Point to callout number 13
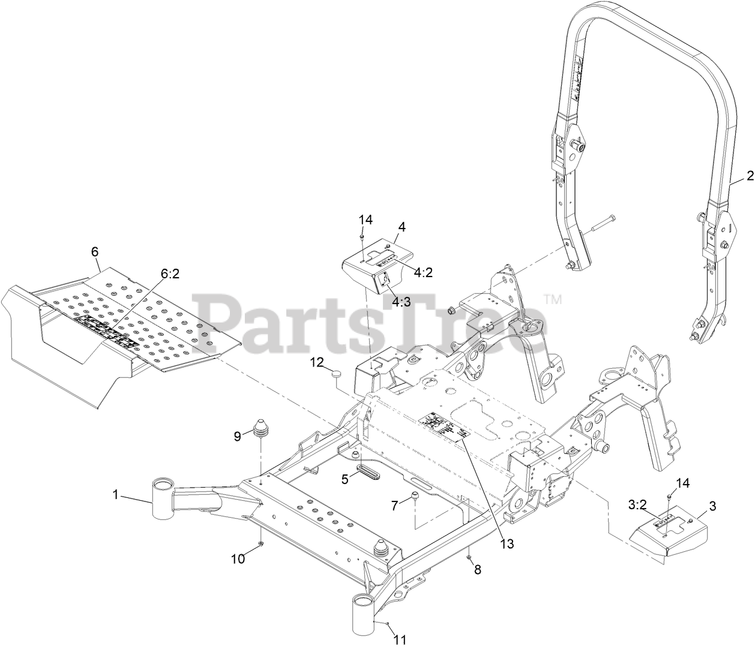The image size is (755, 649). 507,543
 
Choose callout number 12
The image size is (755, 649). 317,362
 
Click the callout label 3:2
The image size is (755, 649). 636,505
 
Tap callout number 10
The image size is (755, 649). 238,558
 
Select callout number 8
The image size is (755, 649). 478,570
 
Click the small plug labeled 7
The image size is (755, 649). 414,497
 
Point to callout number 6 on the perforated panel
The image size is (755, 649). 95,252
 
